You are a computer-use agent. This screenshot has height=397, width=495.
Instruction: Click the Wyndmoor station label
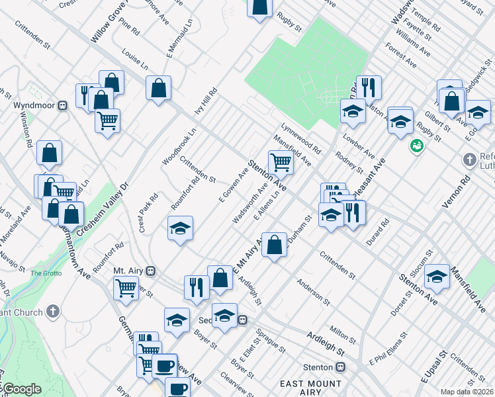pyautogui.click(x=34, y=105)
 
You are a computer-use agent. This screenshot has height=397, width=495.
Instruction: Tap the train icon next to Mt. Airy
pyautogui.click(x=151, y=271)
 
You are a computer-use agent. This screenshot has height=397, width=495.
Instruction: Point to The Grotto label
pyautogui.click(x=45, y=273)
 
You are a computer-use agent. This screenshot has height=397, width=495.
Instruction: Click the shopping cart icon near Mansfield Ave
pyautogui.click(x=281, y=161)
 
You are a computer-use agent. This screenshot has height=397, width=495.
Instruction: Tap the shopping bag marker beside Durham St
pyautogui.click(x=274, y=244)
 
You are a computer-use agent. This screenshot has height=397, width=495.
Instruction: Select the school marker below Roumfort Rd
pyautogui.click(x=180, y=228)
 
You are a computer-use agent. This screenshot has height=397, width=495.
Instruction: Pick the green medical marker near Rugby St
pyautogui.click(x=416, y=146)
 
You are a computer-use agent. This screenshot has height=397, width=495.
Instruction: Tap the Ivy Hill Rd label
pyautogui.click(x=204, y=103)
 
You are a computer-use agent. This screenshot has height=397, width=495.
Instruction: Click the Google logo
pyautogui.click(x=21, y=389)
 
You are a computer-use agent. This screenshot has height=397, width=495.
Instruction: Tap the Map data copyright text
pyautogui.click(x=467, y=392)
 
